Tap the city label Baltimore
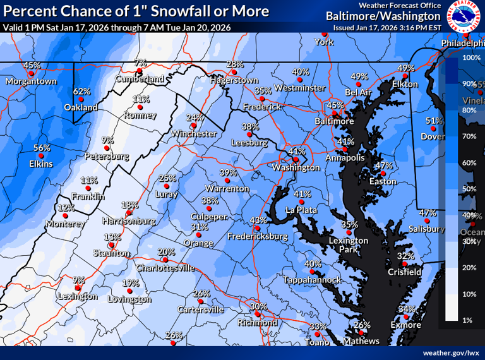[x=335, y=121]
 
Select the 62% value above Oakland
[x=81, y=92]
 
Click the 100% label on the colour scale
[x=472, y=57]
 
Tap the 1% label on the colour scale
[x=468, y=320]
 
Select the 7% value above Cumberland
[x=140, y=63]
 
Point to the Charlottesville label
[x=167, y=268]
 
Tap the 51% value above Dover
[x=434, y=121]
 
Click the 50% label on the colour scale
[x=469, y=189]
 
